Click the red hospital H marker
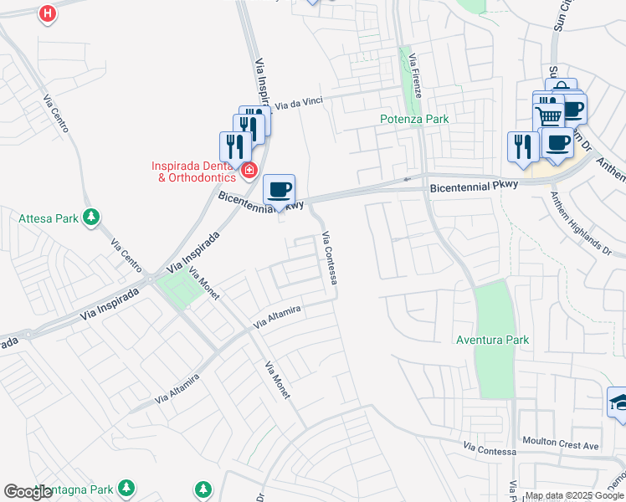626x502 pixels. pos(49,14)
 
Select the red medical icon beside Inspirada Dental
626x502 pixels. pos(249,172)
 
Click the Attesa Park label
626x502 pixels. pos(49,219)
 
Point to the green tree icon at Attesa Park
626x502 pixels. pos(91,218)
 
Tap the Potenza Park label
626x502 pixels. pos(414,119)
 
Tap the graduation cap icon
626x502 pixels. pos(619,402)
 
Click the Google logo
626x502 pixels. pos(28,492)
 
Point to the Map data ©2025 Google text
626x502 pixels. pos(574,495)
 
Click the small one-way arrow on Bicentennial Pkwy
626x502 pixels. pos(407,178)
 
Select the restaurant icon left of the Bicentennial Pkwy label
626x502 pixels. pos(523,146)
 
